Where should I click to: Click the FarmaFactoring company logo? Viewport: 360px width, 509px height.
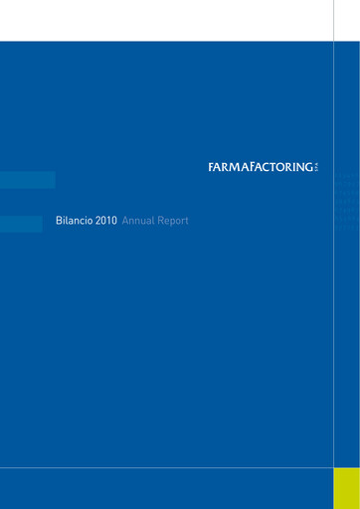point(262,167)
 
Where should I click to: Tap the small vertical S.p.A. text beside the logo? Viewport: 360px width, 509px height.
point(318,167)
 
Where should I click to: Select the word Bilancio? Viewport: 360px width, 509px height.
point(75,221)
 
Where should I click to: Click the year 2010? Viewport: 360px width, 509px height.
point(106,221)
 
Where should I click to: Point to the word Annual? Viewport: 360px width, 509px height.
point(137,221)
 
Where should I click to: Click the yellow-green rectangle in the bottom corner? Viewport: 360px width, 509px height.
point(346,487)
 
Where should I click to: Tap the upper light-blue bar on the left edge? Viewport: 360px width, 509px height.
point(27,180)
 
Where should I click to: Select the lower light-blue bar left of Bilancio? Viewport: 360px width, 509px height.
point(21,225)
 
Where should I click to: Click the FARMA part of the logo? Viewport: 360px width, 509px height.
point(226,167)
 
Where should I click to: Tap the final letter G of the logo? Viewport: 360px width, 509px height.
point(309,167)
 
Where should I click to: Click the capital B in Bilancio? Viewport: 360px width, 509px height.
point(59,221)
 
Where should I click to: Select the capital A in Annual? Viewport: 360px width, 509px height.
point(124,221)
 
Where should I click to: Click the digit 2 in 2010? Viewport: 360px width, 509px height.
point(99,221)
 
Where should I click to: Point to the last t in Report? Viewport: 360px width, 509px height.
point(186,221)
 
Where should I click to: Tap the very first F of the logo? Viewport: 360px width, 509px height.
point(211,167)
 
